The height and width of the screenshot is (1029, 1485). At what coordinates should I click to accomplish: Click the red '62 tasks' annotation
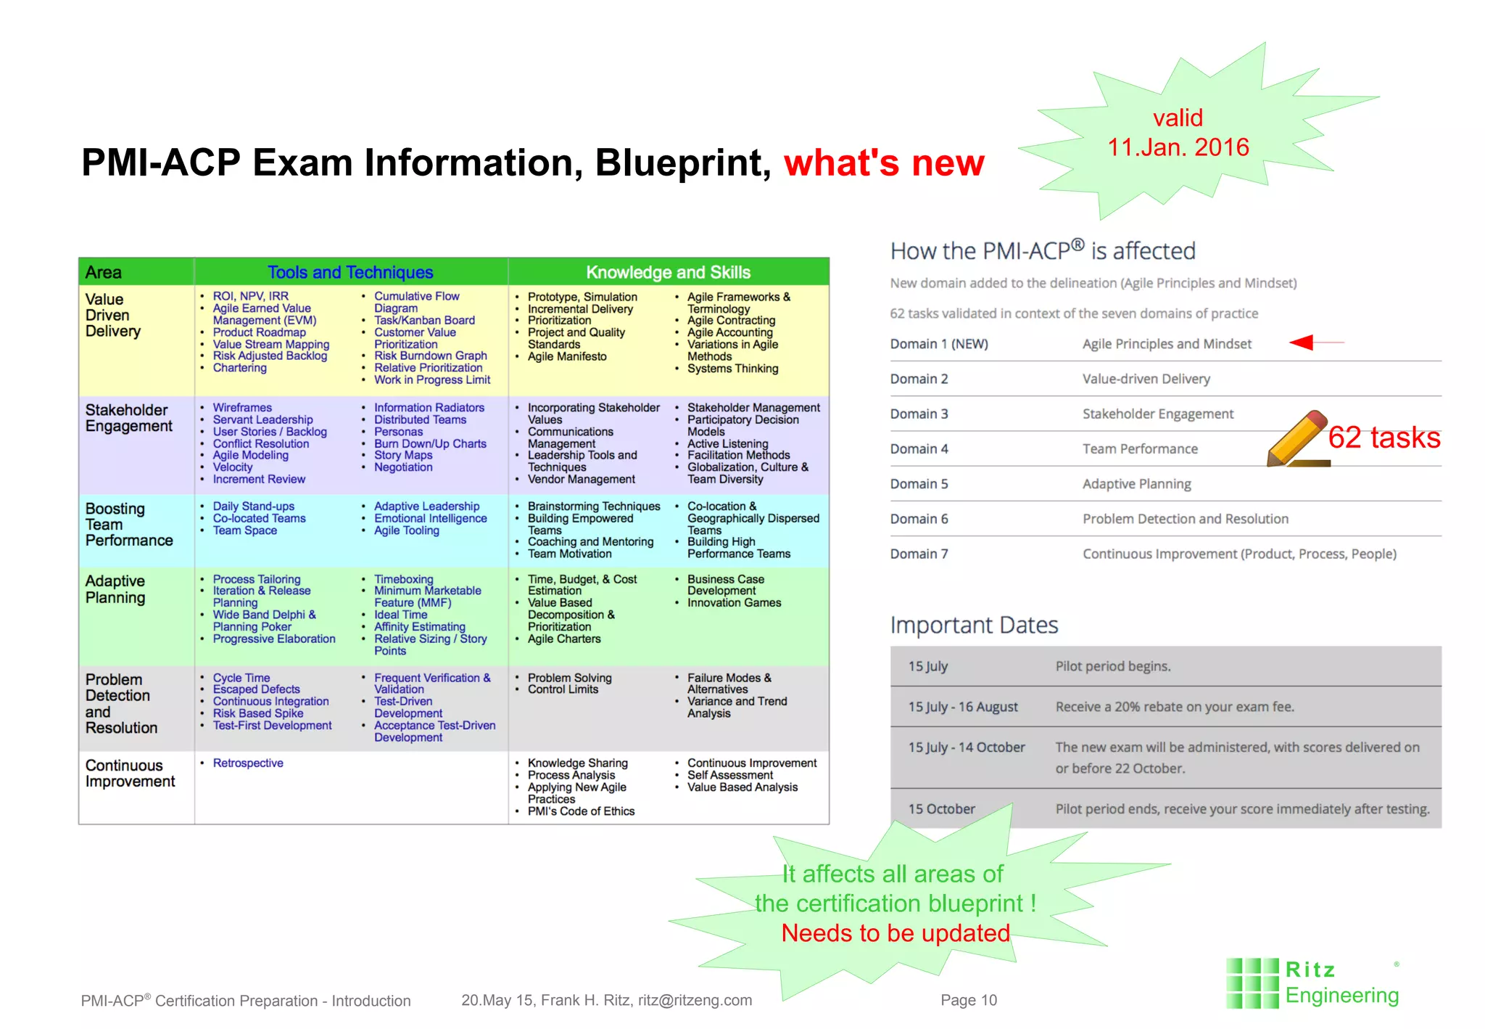[1383, 438]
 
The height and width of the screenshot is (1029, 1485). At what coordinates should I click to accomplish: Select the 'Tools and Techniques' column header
[350, 272]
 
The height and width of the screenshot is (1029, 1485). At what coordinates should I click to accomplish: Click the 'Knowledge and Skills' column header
[668, 272]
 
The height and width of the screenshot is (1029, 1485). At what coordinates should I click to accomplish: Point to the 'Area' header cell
[104, 272]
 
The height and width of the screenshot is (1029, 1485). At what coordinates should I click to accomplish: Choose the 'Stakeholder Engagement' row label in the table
[128, 418]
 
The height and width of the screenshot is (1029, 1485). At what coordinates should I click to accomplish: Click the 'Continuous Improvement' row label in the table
[130, 773]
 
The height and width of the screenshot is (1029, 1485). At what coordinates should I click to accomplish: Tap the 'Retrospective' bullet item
[248, 763]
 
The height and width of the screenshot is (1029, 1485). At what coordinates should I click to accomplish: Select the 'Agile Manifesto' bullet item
[567, 356]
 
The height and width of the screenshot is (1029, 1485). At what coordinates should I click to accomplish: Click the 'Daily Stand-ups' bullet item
[253, 506]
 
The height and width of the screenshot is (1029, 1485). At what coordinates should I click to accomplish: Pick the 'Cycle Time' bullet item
[241, 677]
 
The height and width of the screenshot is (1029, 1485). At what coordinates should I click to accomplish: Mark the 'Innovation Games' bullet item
[734, 602]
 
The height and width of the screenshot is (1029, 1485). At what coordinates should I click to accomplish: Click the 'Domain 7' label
[919, 554]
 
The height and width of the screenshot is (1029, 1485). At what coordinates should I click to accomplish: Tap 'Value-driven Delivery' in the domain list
[1146, 379]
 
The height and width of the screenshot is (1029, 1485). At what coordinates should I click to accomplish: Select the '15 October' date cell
[941, 808]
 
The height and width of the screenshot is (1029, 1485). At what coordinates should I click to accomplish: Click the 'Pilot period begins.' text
[1112, 666]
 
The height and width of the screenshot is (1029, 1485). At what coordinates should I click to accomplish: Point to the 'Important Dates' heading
[974, 625]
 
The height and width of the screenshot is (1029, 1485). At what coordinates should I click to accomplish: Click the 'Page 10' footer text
[968, 1000]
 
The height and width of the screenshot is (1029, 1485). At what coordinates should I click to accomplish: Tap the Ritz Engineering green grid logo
[1252, 983]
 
